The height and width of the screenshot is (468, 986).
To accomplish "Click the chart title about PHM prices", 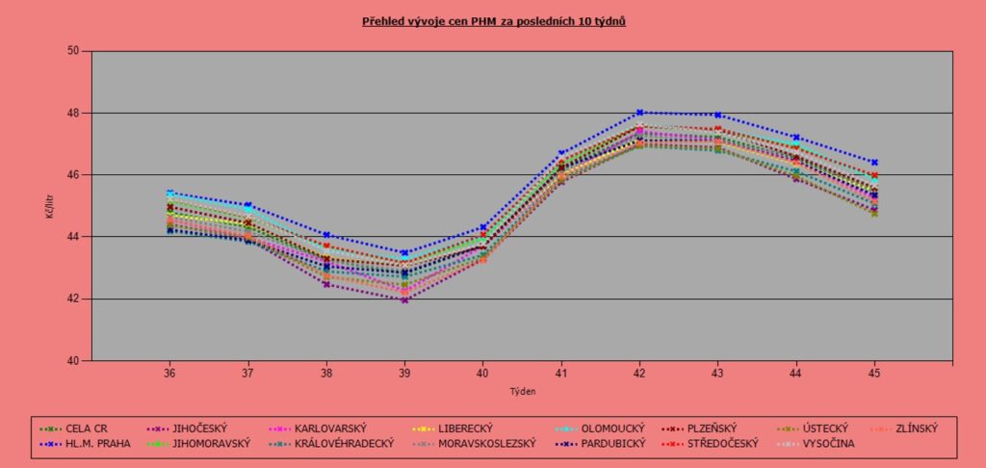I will click(x=494, y=19).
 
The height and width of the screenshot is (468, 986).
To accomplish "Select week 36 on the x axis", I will click(x=169, y=373).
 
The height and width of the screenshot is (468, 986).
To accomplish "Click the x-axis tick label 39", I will click(x=404, y=373).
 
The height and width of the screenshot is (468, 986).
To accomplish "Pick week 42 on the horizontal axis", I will click(x=639, y=373).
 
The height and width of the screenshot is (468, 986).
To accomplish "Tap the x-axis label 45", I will click(x=874, y=373).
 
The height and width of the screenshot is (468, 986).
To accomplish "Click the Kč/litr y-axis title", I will click(x=49, y=205).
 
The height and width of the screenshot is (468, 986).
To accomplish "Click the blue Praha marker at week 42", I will click(x=639, y=113).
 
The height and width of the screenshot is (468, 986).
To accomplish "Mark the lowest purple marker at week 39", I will click(x=404, y=300).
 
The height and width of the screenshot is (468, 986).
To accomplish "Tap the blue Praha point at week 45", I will click(x=874, y=162).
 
